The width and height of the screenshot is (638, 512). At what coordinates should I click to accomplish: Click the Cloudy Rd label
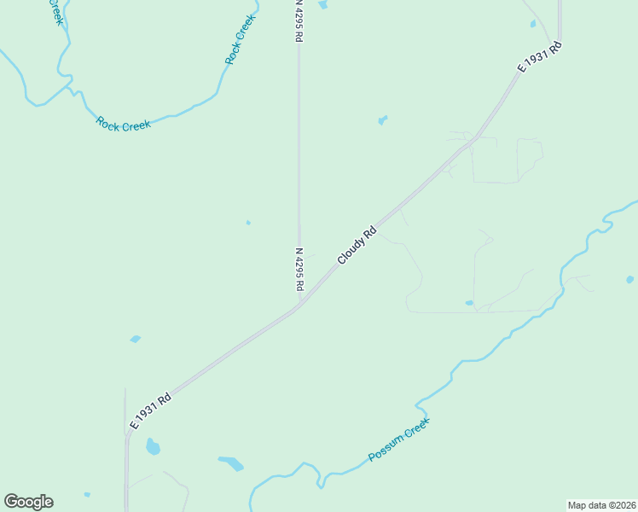tap(357, 245)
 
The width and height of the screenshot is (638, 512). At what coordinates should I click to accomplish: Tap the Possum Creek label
tap(399, 440)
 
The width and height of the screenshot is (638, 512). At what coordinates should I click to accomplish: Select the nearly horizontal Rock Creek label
tap(124, 124)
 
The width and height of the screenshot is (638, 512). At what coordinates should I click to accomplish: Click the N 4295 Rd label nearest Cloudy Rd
tap(299, 270)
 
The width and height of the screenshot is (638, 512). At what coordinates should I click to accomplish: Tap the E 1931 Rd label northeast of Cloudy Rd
tap(541, 57)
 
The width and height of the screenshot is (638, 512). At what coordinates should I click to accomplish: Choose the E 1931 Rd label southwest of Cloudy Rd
tap(151, 410)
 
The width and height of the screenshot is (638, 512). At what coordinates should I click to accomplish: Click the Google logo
tap(28, 502)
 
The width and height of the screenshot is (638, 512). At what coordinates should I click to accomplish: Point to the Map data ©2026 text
tap(601, 505)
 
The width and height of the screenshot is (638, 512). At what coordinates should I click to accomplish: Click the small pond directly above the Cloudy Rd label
tap(382, 120)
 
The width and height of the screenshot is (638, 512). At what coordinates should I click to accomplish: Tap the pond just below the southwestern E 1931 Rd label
tap(153, 446)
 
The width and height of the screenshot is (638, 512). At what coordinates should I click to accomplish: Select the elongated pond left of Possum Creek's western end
tap(231, 464)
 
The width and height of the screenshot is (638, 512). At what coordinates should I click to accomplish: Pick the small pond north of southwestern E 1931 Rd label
tap(135, 340)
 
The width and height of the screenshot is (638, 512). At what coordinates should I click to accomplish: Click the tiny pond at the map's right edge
tap(629, 279)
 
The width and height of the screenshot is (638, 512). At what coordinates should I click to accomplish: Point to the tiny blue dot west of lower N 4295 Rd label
tap(248, 223)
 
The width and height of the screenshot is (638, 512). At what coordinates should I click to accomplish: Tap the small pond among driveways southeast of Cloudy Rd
tap(469, 303)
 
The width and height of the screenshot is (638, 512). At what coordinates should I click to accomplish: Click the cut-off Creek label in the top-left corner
tap(55, 12)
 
